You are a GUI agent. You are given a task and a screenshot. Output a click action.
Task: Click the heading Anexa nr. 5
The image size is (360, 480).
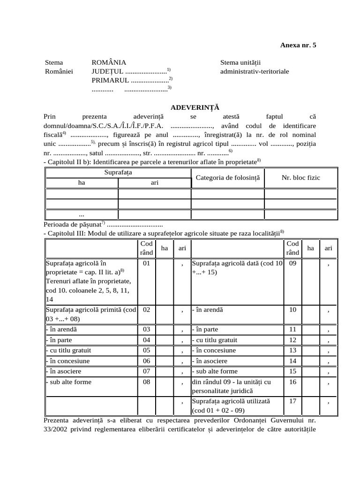(298, 45)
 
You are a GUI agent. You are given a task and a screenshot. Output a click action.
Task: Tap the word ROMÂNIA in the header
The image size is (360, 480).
(109, 62)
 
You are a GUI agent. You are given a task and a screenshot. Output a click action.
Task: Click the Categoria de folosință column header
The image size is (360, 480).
(227, 178)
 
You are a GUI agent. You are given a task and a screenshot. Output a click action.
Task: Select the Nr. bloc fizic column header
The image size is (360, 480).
(300, 178)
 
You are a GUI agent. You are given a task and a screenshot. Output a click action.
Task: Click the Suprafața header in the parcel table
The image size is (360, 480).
(118, 172)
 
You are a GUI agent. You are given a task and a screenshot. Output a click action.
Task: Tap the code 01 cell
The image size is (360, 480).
(146, 263)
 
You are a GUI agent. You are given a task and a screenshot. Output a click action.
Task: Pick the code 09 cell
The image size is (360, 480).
(292, 263)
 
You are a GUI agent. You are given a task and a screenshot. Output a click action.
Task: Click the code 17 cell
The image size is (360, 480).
(292, 401)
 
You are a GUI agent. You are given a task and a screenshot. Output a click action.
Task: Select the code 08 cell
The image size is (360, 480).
(146, 382)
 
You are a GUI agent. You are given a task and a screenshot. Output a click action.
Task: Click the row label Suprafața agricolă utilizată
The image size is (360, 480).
(231, 401)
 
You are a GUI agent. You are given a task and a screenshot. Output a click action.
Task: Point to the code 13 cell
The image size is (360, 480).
(292, 350)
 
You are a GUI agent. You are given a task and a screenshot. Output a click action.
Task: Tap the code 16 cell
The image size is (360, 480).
(292, 382)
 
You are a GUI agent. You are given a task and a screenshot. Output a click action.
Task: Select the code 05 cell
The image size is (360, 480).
(146, 350)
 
